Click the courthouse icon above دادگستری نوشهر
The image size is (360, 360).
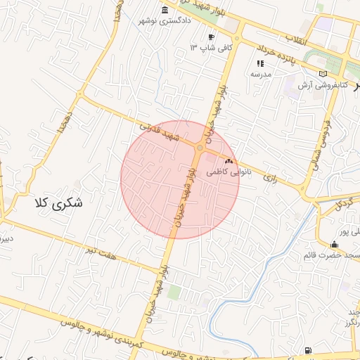(x=165, y=10)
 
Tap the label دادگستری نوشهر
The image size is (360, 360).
(x=166, y=21)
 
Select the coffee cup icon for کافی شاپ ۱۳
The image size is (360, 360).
(x=211, y=37)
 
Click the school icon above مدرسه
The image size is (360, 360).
(x=260, y=63)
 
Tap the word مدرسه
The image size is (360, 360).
(x=260, y=74)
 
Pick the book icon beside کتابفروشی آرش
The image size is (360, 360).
(x=323, y=73)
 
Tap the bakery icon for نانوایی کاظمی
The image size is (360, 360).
(x=229, y=161)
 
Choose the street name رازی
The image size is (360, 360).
(x=271, y=179)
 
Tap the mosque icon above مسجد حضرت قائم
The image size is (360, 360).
(x=333, y=244)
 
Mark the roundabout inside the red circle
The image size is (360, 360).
(x=200, y=148)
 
